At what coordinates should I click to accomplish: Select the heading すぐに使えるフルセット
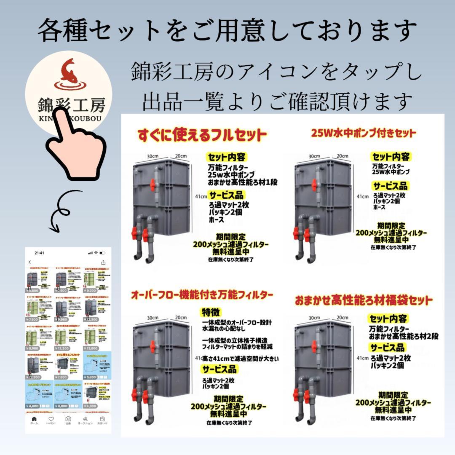click(202, 136)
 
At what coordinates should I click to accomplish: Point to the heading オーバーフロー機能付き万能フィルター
click(203, 294)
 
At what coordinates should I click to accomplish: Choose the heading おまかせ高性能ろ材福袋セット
click(363, 300)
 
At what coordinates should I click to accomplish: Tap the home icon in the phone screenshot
click(34, 419)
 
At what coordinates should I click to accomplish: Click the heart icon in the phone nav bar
click(51, 419)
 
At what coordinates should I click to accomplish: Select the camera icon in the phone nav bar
click(68, 419)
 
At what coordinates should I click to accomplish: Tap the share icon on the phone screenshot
click(103, 262)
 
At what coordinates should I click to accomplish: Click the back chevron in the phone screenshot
click(30, 262)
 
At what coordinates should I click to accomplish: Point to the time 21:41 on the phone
click(40, 253)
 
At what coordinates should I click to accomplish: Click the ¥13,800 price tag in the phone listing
click(91, 348)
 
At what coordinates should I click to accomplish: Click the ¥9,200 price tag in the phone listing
click(91, 291)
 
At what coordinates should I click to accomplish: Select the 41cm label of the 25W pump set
click(362, 196)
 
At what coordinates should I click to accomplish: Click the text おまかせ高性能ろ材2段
click(404, 336)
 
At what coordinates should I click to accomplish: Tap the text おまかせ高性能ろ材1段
click(242, 182)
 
